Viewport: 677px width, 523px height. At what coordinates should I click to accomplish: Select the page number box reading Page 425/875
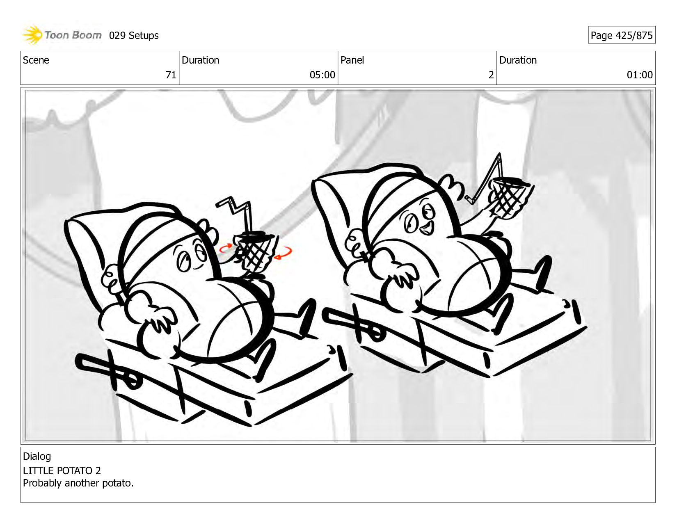(622, 35)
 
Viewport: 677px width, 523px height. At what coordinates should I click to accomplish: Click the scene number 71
(171, 75)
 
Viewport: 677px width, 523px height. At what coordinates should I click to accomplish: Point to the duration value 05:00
(322, 75)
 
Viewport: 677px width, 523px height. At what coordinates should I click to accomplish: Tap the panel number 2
(491, 75)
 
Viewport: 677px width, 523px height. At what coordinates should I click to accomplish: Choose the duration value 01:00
(640, 75)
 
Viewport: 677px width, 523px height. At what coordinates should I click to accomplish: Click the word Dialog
(37, 456)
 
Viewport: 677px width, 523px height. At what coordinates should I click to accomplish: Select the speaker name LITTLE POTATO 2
(62, 470)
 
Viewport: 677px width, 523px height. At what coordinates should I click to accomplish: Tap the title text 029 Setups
(134, 36)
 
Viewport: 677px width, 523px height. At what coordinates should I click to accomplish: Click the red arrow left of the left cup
(226, 248)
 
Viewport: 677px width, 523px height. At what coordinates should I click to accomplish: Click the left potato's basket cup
(254, 252)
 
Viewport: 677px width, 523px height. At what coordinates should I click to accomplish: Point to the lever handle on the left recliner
(106, 368)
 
